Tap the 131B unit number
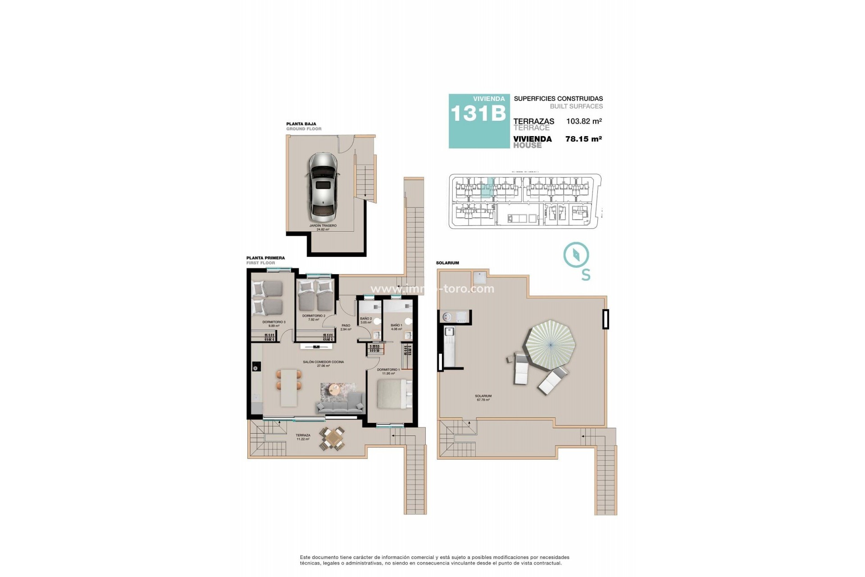(478, 114)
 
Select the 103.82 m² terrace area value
(584, 121)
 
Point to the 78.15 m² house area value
(583, 139)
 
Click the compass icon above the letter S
(576, 255)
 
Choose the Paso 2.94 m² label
(346, 327)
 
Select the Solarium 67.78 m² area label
(483, 398)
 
